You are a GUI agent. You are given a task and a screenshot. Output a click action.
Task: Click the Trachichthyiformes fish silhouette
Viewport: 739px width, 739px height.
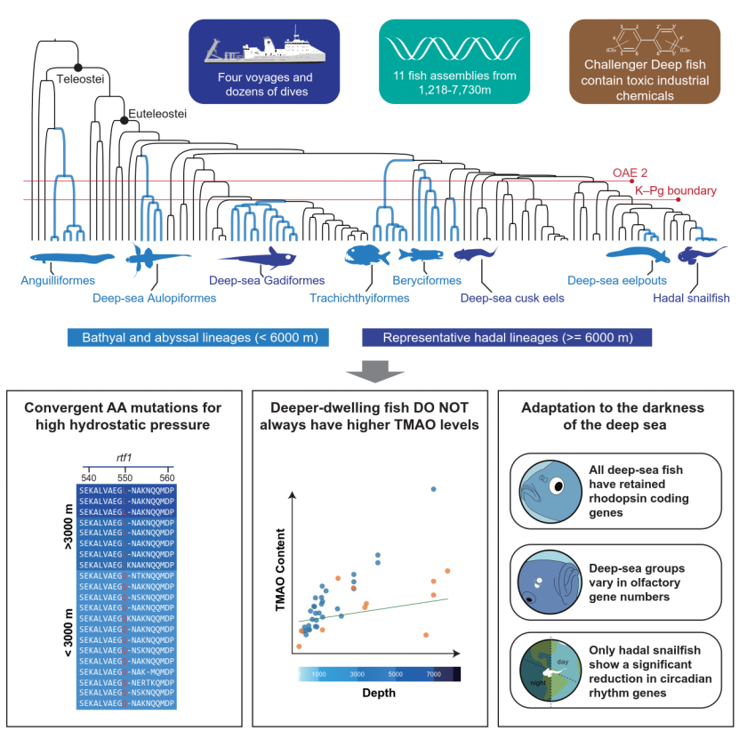[366, 255]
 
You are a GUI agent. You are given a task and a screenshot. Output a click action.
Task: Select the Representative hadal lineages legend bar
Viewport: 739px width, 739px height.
[507, 338]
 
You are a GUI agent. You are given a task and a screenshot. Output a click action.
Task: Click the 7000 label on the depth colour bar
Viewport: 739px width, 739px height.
[433, 674]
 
